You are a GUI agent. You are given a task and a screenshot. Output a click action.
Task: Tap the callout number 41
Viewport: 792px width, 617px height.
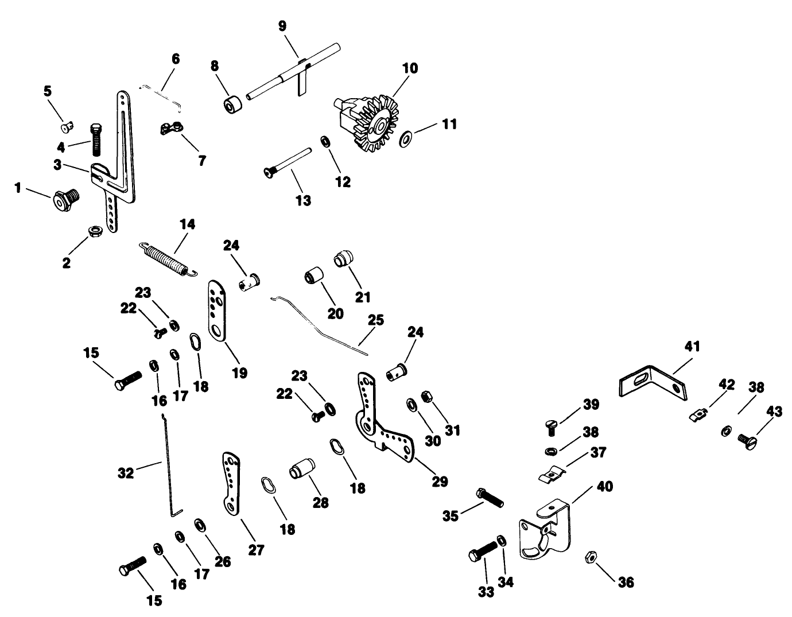692,347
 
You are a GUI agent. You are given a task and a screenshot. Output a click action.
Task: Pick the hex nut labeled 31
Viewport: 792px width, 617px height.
426,396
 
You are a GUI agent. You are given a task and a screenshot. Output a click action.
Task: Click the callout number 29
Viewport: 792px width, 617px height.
440,481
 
